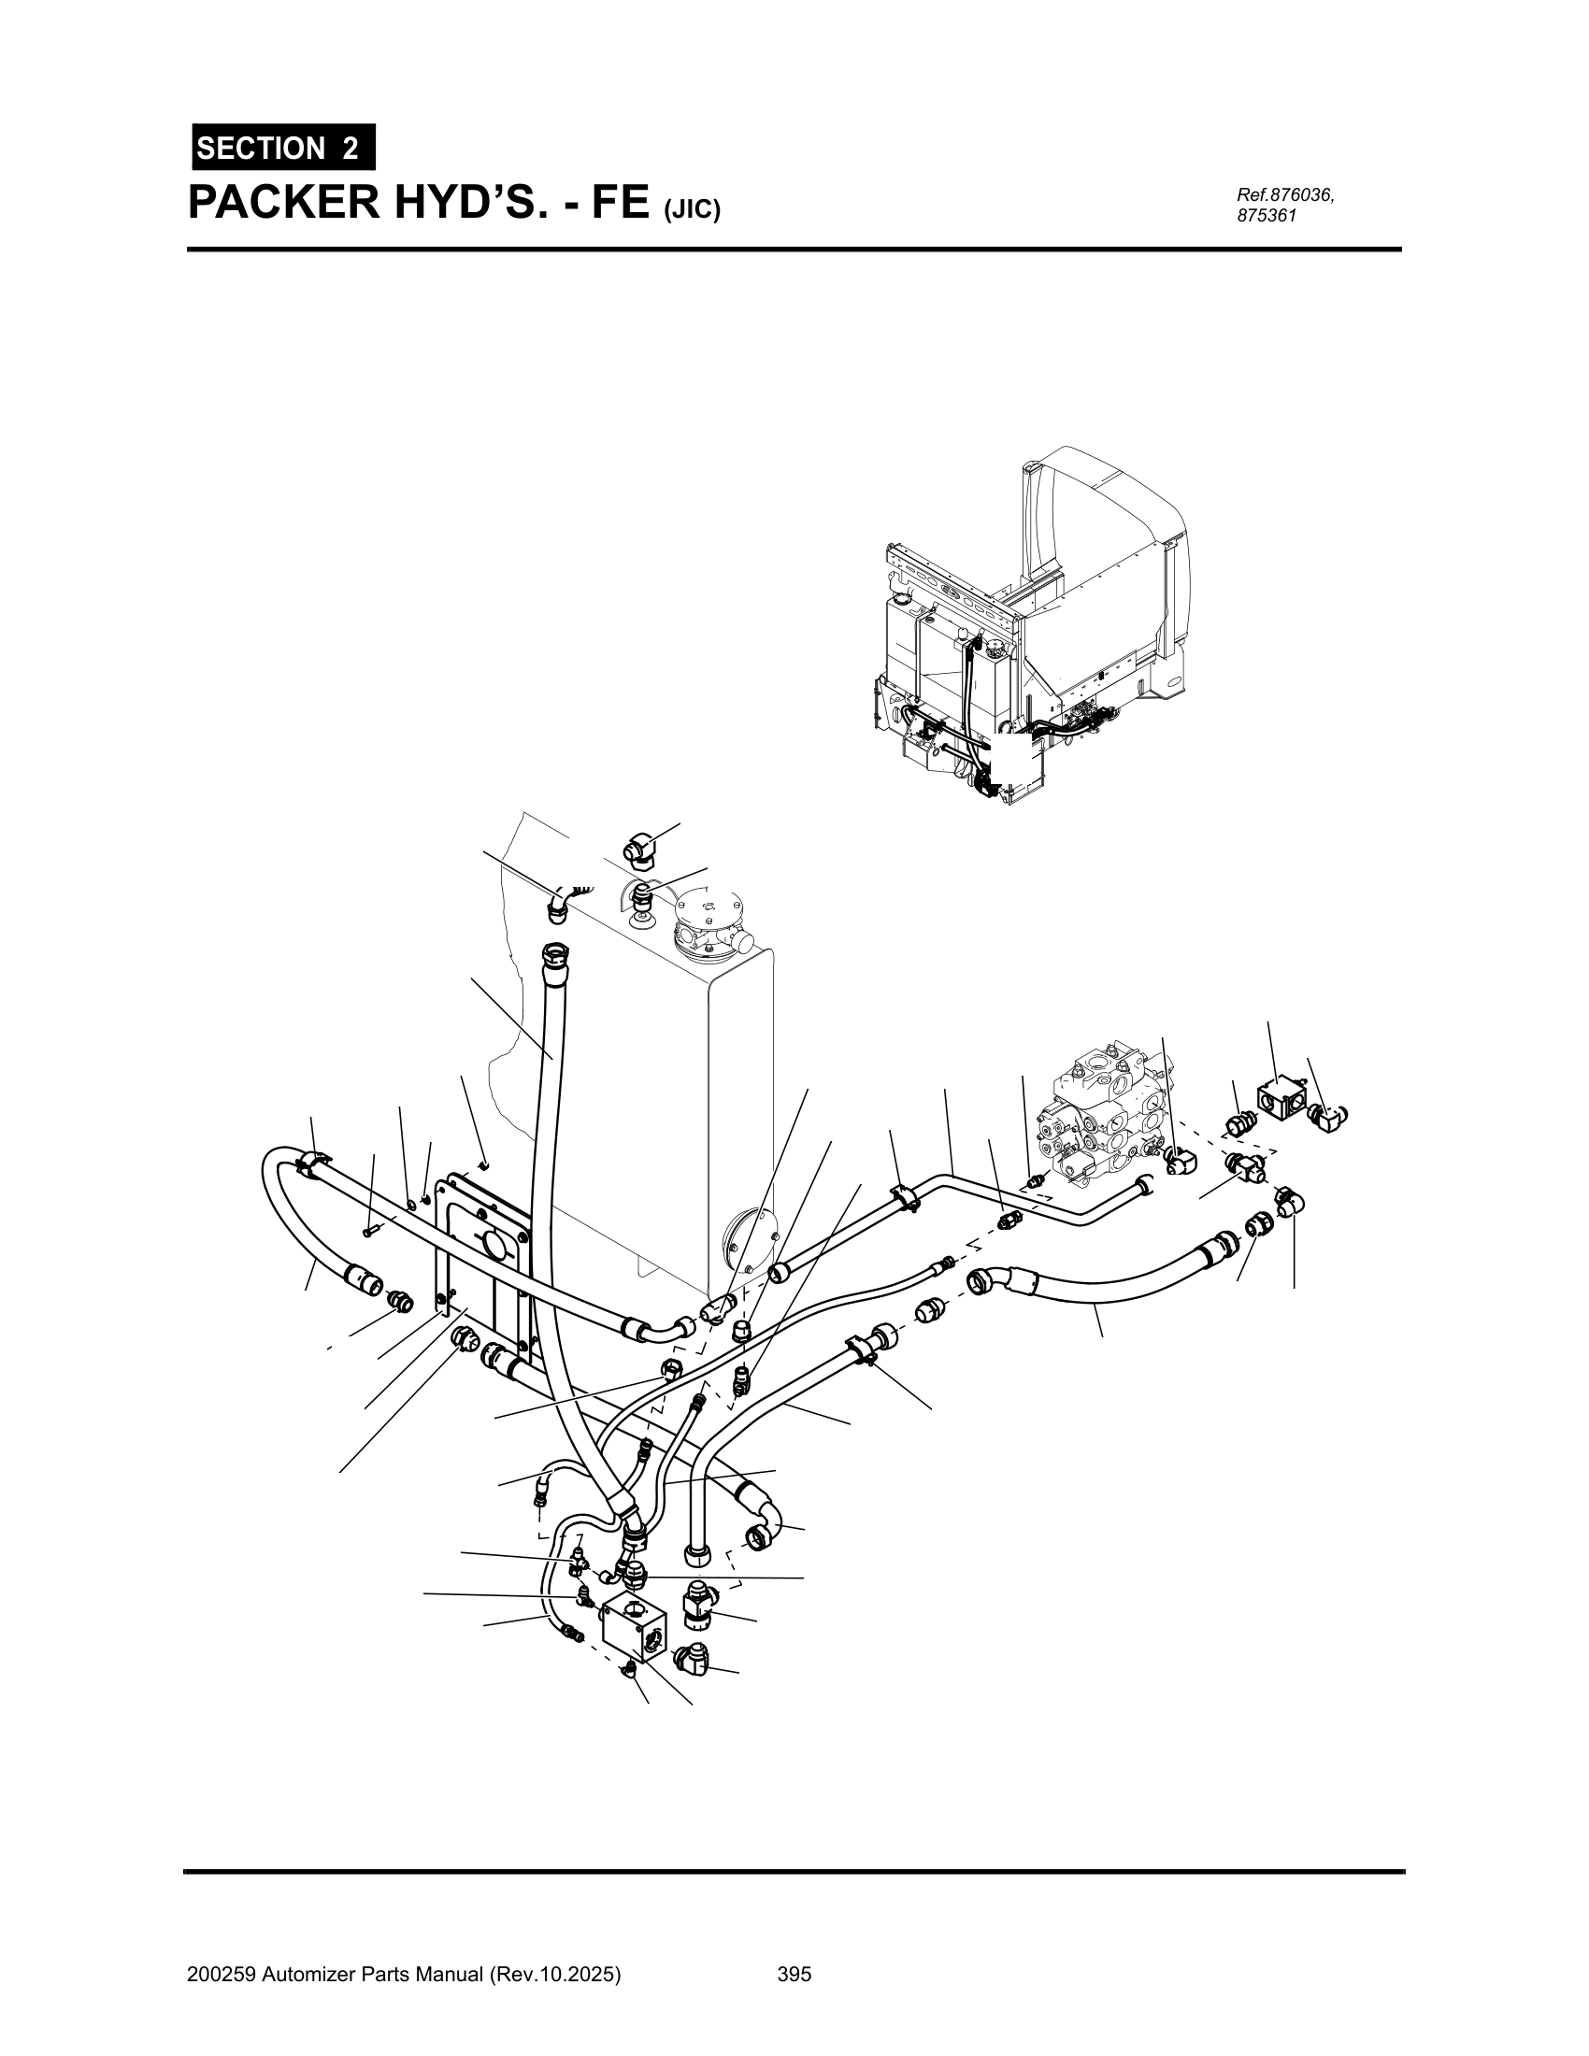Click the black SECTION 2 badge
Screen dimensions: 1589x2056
point(283,147)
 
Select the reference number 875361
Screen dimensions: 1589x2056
point(1267,216)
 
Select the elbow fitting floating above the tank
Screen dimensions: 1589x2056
point(644,850)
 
